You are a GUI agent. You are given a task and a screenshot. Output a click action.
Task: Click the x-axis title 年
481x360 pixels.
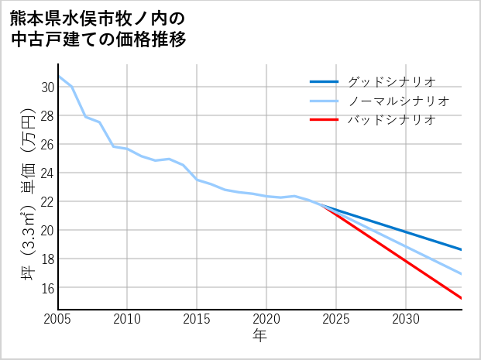point(259,335)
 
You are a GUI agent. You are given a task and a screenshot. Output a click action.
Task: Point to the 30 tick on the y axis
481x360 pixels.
point(47,87)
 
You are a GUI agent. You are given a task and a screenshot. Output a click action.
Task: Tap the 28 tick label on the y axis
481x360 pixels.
point(47,116)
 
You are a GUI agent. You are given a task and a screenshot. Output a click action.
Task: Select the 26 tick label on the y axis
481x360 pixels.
point(47,145)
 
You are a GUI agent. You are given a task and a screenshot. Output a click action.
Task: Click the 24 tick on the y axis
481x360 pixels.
point(47,173)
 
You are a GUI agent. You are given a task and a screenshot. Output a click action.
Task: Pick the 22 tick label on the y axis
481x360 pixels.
point(47,202)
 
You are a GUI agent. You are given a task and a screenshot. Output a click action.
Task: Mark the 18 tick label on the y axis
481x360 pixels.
point(47,259)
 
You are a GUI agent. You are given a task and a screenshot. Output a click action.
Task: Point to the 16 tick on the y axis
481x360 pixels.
point(47,288)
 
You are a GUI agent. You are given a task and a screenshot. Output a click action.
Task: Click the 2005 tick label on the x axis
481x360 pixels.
point(58,319)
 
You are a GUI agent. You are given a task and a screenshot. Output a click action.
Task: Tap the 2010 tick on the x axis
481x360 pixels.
point(128,319)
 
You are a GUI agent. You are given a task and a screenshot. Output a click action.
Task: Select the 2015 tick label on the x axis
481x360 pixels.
point(197,319)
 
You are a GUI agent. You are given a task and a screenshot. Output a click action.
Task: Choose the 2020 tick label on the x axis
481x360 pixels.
point(266,319)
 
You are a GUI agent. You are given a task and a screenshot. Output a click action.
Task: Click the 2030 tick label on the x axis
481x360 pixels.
point(406,319)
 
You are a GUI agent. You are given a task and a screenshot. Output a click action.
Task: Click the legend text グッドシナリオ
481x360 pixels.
point(391,81)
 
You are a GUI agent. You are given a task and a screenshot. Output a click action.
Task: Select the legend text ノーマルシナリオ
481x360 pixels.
point(398,101)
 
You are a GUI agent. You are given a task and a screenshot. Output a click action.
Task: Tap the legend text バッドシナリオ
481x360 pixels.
point(391,120)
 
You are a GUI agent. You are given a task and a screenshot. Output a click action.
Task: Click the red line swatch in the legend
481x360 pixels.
point(324,120)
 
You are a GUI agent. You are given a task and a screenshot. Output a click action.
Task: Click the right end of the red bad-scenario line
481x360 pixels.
point(462,298)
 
